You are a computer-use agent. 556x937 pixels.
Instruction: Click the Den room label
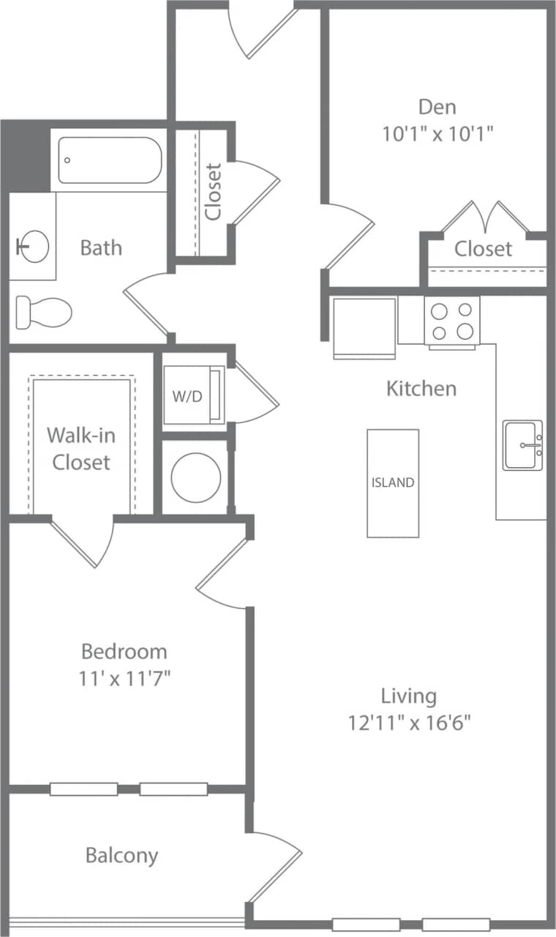437,107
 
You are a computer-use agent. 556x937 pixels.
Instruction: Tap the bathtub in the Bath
109,160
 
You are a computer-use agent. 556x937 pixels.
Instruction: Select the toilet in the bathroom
44,313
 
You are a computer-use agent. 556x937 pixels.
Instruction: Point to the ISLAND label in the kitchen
393,482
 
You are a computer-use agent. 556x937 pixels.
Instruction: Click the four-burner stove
451,321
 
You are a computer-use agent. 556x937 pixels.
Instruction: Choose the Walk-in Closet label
81,448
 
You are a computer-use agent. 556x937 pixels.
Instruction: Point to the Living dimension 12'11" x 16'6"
409,723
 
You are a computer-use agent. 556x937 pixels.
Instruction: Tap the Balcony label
121,855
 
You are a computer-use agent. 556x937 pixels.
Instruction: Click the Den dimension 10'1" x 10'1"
437,134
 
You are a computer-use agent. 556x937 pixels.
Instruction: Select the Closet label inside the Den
483,249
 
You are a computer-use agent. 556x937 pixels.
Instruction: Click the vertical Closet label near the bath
213,192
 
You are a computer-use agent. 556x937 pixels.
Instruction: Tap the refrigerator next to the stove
364,326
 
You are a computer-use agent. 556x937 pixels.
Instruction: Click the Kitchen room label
421,388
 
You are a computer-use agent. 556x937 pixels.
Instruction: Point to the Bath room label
101,247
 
